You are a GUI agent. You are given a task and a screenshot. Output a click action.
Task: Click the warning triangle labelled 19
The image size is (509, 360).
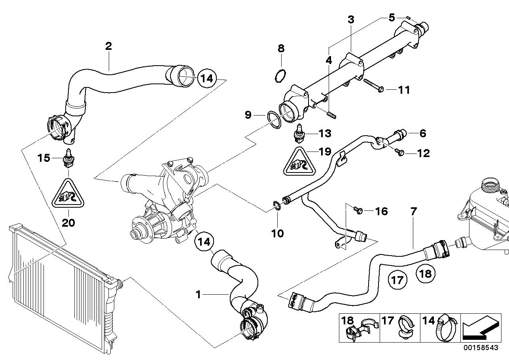click(x=299, y=162)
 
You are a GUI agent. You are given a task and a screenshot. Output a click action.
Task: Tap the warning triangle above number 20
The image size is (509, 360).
click(x=68, y=194)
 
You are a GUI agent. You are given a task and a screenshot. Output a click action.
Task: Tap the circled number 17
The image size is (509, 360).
click(x=397, y=280)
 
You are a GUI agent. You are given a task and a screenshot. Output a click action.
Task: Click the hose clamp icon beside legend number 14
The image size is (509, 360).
click(x=446, y=328)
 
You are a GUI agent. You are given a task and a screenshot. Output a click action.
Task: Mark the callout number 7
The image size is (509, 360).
click(x=413, y=212)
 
